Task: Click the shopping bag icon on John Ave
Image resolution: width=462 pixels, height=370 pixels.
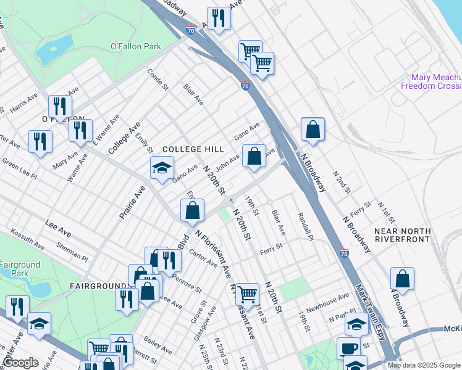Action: (x=254, y=156)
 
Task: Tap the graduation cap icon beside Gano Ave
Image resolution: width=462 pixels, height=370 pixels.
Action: (x=162, y=168)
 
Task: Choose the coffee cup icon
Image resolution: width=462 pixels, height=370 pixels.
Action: (x=348, y=348)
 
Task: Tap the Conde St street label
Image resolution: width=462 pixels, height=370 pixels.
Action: (x=157, y=79)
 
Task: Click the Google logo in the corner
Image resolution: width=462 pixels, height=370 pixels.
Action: (x=20, y=363)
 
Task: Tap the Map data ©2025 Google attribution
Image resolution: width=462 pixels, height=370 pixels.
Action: (x=424, y=365)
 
